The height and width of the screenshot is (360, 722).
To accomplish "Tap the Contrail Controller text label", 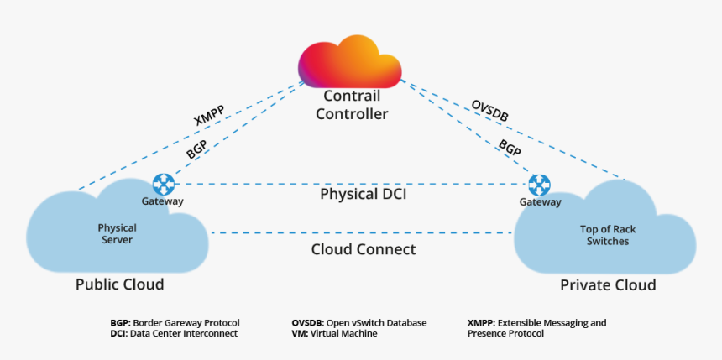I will [352, 105].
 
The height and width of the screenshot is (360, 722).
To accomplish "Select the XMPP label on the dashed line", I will [208, 117].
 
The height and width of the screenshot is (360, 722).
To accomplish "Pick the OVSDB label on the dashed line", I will [491, 112].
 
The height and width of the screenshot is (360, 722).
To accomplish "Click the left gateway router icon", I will [163, 184].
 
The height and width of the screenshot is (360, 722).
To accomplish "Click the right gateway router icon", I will [539, 185].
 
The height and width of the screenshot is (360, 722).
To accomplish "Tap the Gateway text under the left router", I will [163, 201].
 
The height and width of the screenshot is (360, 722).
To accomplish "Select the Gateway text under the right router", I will [540, 202].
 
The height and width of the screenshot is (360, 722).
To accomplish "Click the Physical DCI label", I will [363, 194].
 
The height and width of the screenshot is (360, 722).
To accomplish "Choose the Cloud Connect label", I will [363, 249].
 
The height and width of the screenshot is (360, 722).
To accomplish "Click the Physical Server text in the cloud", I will [117, 234].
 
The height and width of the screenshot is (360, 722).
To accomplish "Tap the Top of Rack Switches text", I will [604, 235].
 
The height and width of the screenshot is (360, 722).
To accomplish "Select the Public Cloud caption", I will [119, 284].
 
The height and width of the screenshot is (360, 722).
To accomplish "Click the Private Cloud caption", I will [608, 285].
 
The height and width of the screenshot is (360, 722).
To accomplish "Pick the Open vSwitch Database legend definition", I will [358, 322].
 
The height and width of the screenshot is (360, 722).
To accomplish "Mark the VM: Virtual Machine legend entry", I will [334, 333].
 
